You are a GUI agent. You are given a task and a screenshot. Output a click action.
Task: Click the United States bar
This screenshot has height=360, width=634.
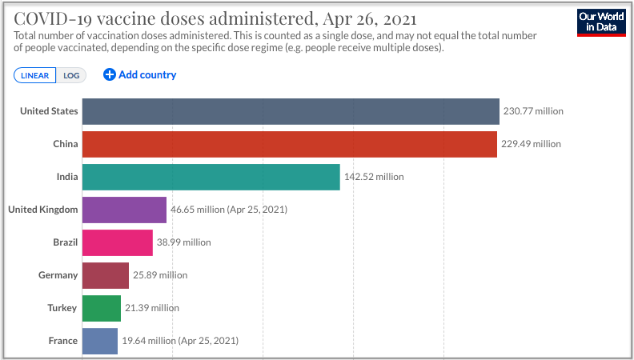pos(291,111)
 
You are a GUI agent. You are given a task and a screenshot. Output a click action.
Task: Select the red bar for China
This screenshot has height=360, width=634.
pos(289,144)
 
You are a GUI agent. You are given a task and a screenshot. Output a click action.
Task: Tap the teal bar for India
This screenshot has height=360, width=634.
pos(211,177)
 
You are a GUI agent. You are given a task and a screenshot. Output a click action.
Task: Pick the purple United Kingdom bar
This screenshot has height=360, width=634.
pos(124,210)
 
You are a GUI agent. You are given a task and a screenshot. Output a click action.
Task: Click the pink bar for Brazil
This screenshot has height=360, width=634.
pos(117,242)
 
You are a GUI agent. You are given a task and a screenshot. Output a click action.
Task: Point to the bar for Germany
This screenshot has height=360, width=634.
pos(105,275)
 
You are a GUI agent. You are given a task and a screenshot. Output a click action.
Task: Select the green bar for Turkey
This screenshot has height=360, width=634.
pos(101,308)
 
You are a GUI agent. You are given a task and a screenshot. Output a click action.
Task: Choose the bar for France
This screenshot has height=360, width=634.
pos(99,341)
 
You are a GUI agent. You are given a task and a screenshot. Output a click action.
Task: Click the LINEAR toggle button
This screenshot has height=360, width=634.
pos(34,75)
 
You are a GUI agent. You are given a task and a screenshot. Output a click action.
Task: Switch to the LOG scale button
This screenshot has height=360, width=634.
pos(71,75)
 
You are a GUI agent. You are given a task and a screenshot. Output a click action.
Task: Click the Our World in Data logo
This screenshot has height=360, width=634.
pos(600,22)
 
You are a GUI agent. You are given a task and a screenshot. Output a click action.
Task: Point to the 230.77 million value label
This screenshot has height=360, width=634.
pos(533,111)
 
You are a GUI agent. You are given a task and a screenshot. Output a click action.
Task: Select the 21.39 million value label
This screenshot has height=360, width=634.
pos(152,308)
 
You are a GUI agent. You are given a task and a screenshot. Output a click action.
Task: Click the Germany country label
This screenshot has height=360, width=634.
pos(58,275)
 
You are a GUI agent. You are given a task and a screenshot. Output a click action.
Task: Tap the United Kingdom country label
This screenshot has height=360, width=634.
pos(42,210)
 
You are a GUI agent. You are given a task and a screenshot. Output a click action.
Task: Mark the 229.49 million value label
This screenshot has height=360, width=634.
pos(531,144)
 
